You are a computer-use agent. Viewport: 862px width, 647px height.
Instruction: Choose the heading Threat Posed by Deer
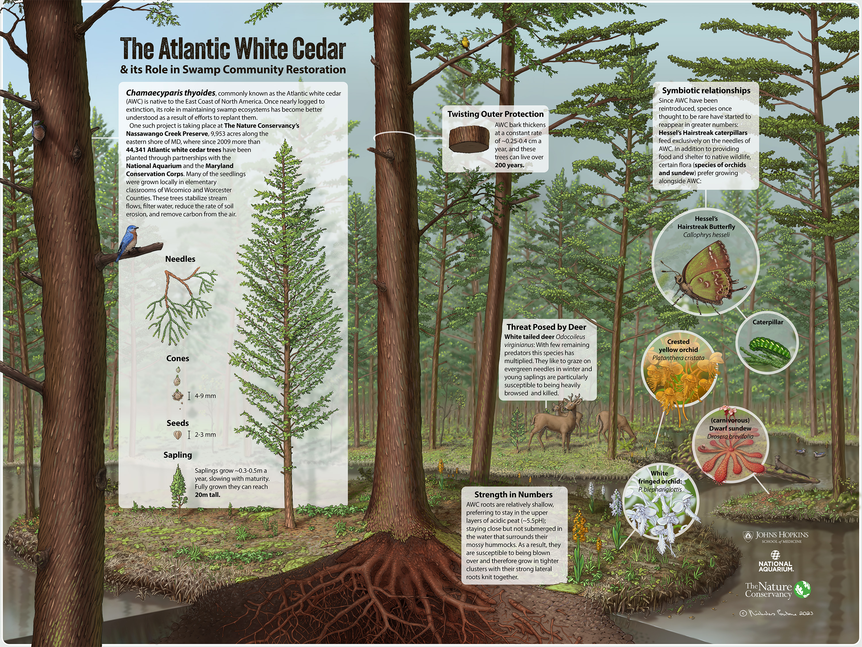pyautogui.click(x=546, y=327)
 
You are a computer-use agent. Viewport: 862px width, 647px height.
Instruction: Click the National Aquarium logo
pyautogui.click(x=776, y=562)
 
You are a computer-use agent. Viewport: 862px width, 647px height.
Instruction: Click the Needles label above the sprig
pyautogui.click(x=180, y=259)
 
